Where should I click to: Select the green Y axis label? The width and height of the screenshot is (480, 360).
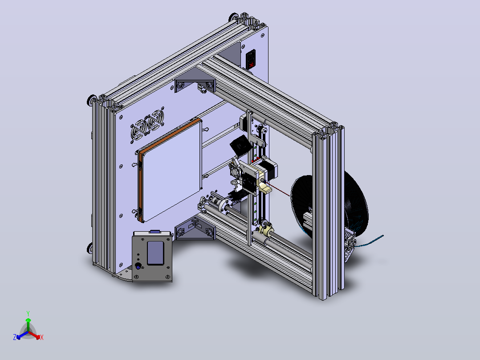click(x=28, y=313)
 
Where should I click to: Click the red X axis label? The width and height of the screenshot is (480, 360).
click(x=42, y=337)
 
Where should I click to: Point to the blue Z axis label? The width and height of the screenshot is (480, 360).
click(x=15, y=337)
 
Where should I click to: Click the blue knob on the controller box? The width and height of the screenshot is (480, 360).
click(x=138, y=267)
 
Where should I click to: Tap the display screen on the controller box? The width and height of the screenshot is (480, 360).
click(x=155, y=253)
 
